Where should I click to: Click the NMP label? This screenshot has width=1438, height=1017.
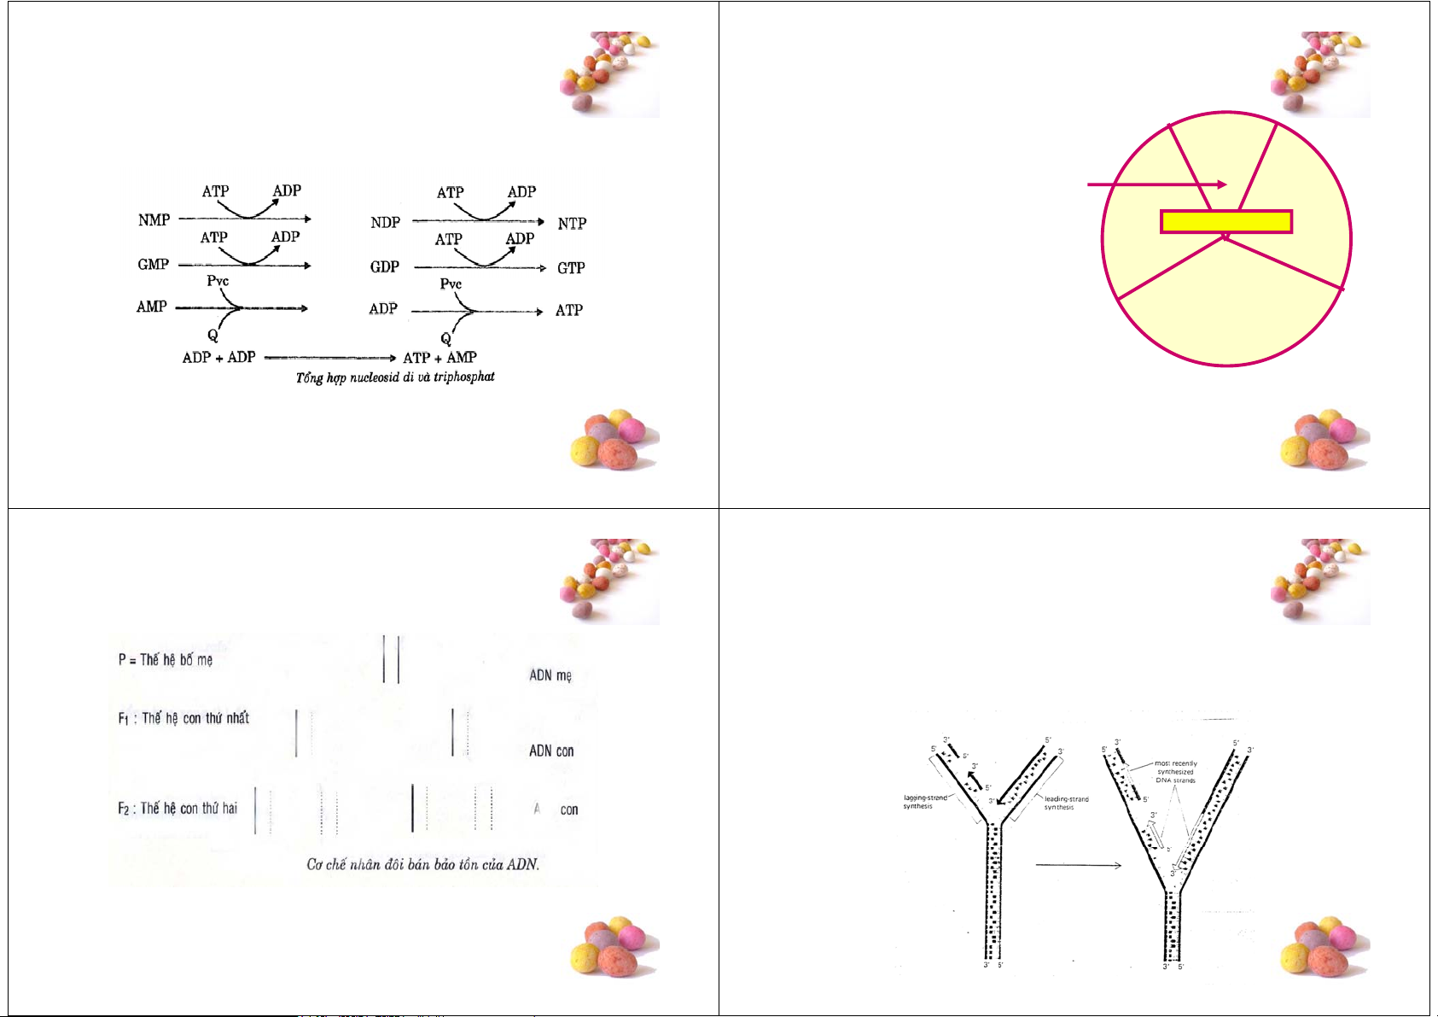[154, 220]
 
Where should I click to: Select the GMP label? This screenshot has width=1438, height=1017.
[154, 265]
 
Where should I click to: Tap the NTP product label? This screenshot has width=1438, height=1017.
[572, 224]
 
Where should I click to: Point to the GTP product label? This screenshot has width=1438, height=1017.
[571, 268]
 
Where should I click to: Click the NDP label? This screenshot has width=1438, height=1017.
[385, 223]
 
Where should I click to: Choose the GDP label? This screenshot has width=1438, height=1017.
[385, 267]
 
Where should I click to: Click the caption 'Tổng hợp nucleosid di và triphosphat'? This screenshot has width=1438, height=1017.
[395, 377]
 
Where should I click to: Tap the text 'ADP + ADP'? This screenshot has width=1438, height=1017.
[218, 357]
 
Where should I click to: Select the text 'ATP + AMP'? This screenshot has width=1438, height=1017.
[440, 358]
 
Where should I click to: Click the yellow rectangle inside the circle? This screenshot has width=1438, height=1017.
[1226, 222]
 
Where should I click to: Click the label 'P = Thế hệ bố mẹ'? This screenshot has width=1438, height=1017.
[166, 659]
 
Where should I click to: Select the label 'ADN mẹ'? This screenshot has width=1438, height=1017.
[550, 675]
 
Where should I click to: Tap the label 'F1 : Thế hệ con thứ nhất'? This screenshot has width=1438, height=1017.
[183, 718]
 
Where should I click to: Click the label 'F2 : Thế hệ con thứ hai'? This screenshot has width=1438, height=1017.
[178, 808]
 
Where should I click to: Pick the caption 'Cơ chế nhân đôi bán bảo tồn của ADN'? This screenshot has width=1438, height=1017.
[422, 864]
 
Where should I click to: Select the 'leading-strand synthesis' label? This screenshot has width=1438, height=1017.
[1066, 803]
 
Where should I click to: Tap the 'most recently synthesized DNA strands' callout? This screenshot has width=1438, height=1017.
[1175, 772]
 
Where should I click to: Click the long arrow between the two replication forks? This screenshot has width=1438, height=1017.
[1078, 865]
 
